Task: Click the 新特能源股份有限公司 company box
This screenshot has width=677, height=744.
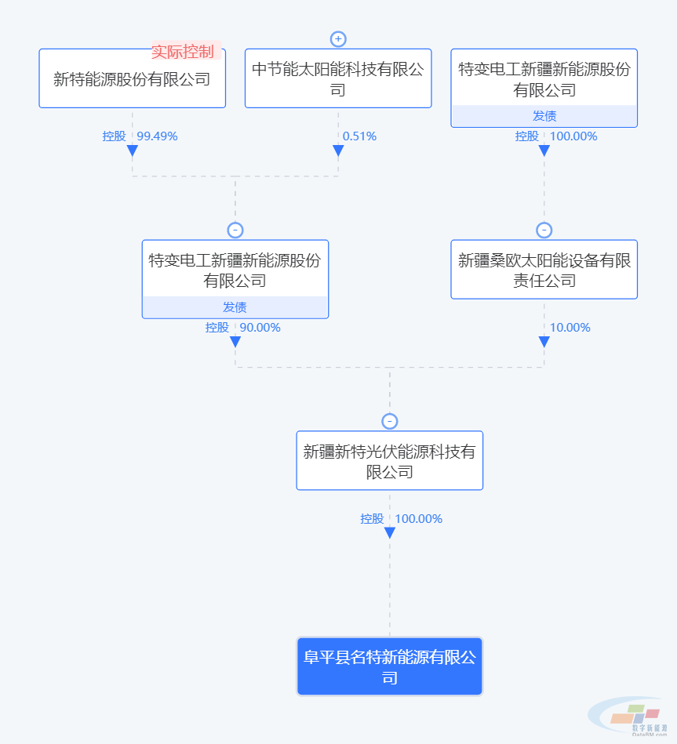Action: tap(132, 79)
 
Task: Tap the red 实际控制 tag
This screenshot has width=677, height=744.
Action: tap(183, 52)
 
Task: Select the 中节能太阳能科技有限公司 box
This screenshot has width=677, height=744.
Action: tap(338, 78)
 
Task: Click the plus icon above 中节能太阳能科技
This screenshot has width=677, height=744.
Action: tap(338, 39)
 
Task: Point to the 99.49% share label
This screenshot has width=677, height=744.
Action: tap(158, 136)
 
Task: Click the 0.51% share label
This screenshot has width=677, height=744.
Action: tap(359, 136)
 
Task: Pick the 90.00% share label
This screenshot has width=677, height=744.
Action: tap(260, 328)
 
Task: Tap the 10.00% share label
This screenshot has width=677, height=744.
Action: tap(570, 328)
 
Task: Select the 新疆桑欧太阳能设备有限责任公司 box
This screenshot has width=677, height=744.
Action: tap(544, 270)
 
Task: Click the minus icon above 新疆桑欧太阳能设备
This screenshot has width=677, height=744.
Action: tap(544, 230)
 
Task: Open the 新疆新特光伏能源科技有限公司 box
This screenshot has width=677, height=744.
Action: tap(389, 461)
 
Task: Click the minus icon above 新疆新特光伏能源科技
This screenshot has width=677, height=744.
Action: tap(389, 422)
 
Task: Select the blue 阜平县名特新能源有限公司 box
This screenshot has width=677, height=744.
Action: tap(389, 666)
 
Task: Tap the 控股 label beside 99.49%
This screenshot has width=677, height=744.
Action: tap(114, 136)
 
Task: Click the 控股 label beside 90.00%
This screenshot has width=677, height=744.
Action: tap(217, 328)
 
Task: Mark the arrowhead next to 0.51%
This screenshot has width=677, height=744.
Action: tap(338, 151)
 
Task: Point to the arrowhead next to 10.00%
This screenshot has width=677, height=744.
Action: tap(544, 342)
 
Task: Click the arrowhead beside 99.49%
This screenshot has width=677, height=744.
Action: tap(132, 151)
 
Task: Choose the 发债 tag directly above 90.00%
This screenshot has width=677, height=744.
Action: tap(235, 307)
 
